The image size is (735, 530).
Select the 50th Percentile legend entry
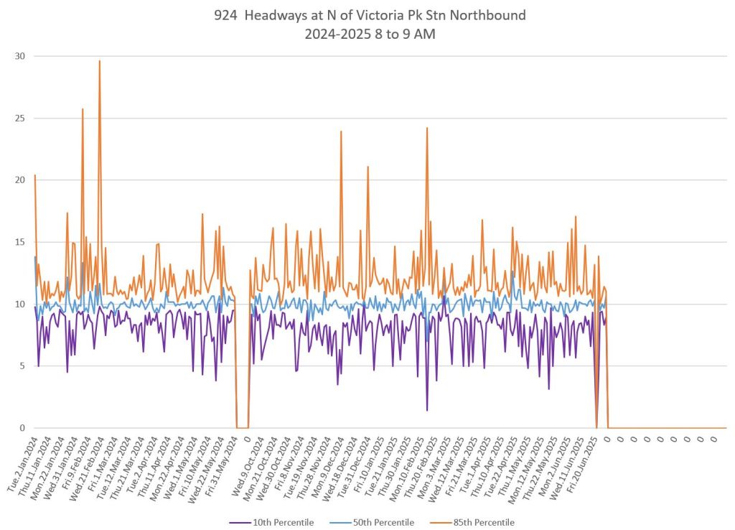pos(385,522)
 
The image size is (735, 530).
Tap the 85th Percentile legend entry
pos(484,522)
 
